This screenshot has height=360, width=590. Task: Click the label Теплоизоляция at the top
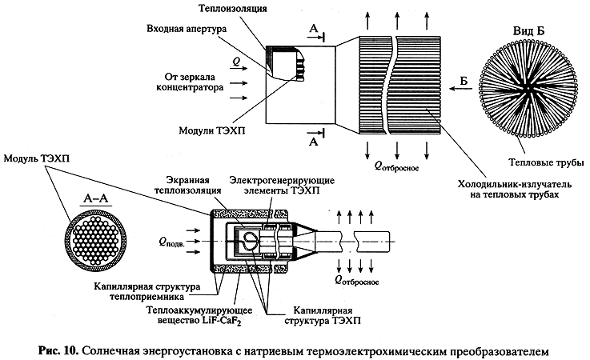pyautogui.click(x=232, y=8)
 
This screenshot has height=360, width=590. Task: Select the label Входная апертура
pyautogui.click(x=187, y=29)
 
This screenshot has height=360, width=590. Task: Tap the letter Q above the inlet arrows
pyautogui.click(x=236, y=62)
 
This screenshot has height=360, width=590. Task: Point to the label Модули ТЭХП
pyautogui.click(x=212, y=130)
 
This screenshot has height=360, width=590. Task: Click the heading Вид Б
pyautogui.click(x=528, y=31)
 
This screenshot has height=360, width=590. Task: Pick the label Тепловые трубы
pyautogui.click(x=546, y=162)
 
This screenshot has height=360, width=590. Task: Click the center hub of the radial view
pyautogui.click(x=528, y=89)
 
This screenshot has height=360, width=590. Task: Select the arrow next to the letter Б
pyautogui.click(x=461, y=89)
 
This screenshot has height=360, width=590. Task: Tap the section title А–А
pyautogui.click(x=95, y=198)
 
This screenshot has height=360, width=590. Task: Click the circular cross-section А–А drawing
pyautogui.click(x=96, y=241)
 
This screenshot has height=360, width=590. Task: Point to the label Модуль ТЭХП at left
pyautogui.click(x=37, y=158)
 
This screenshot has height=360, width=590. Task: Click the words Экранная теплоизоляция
pyautogui.click(x=188, y=185)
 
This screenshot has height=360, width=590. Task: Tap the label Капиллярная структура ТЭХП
pyautogui.click(x=323, y=315)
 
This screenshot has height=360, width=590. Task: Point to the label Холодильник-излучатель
pyautogui.click(x=515, y=184)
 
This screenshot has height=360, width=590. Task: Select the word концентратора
pyautogui.click(x=190, y=87)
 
